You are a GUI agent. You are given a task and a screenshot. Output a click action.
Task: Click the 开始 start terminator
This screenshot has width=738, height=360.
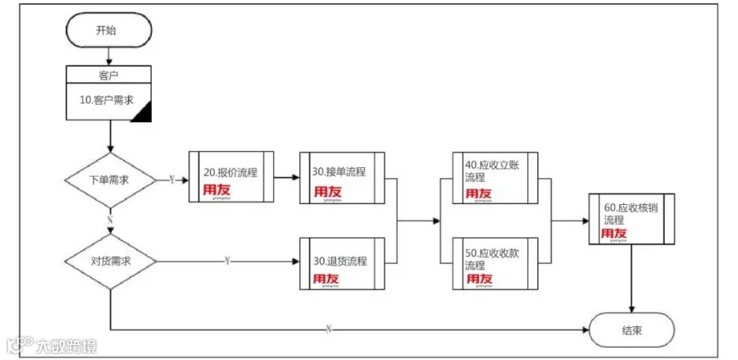[x=110, y=31]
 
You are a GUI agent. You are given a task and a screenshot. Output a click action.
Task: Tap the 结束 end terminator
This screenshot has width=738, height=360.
[x=631, y=330]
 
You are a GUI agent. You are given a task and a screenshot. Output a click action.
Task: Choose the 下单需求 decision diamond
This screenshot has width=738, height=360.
[x=110, y=179]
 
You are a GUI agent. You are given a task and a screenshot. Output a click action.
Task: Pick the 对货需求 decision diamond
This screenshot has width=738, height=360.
[x=110, y=261]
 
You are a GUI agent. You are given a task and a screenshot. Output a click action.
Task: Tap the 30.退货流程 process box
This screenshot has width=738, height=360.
[x=343, y=262]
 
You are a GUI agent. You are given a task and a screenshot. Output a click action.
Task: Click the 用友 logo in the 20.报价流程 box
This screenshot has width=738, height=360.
[x=217, y=190]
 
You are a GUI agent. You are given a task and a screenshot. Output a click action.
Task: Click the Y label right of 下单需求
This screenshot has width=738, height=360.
[x=171, y=178]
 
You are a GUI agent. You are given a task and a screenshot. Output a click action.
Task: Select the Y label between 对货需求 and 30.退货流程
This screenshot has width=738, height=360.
[x=226, y=261]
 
